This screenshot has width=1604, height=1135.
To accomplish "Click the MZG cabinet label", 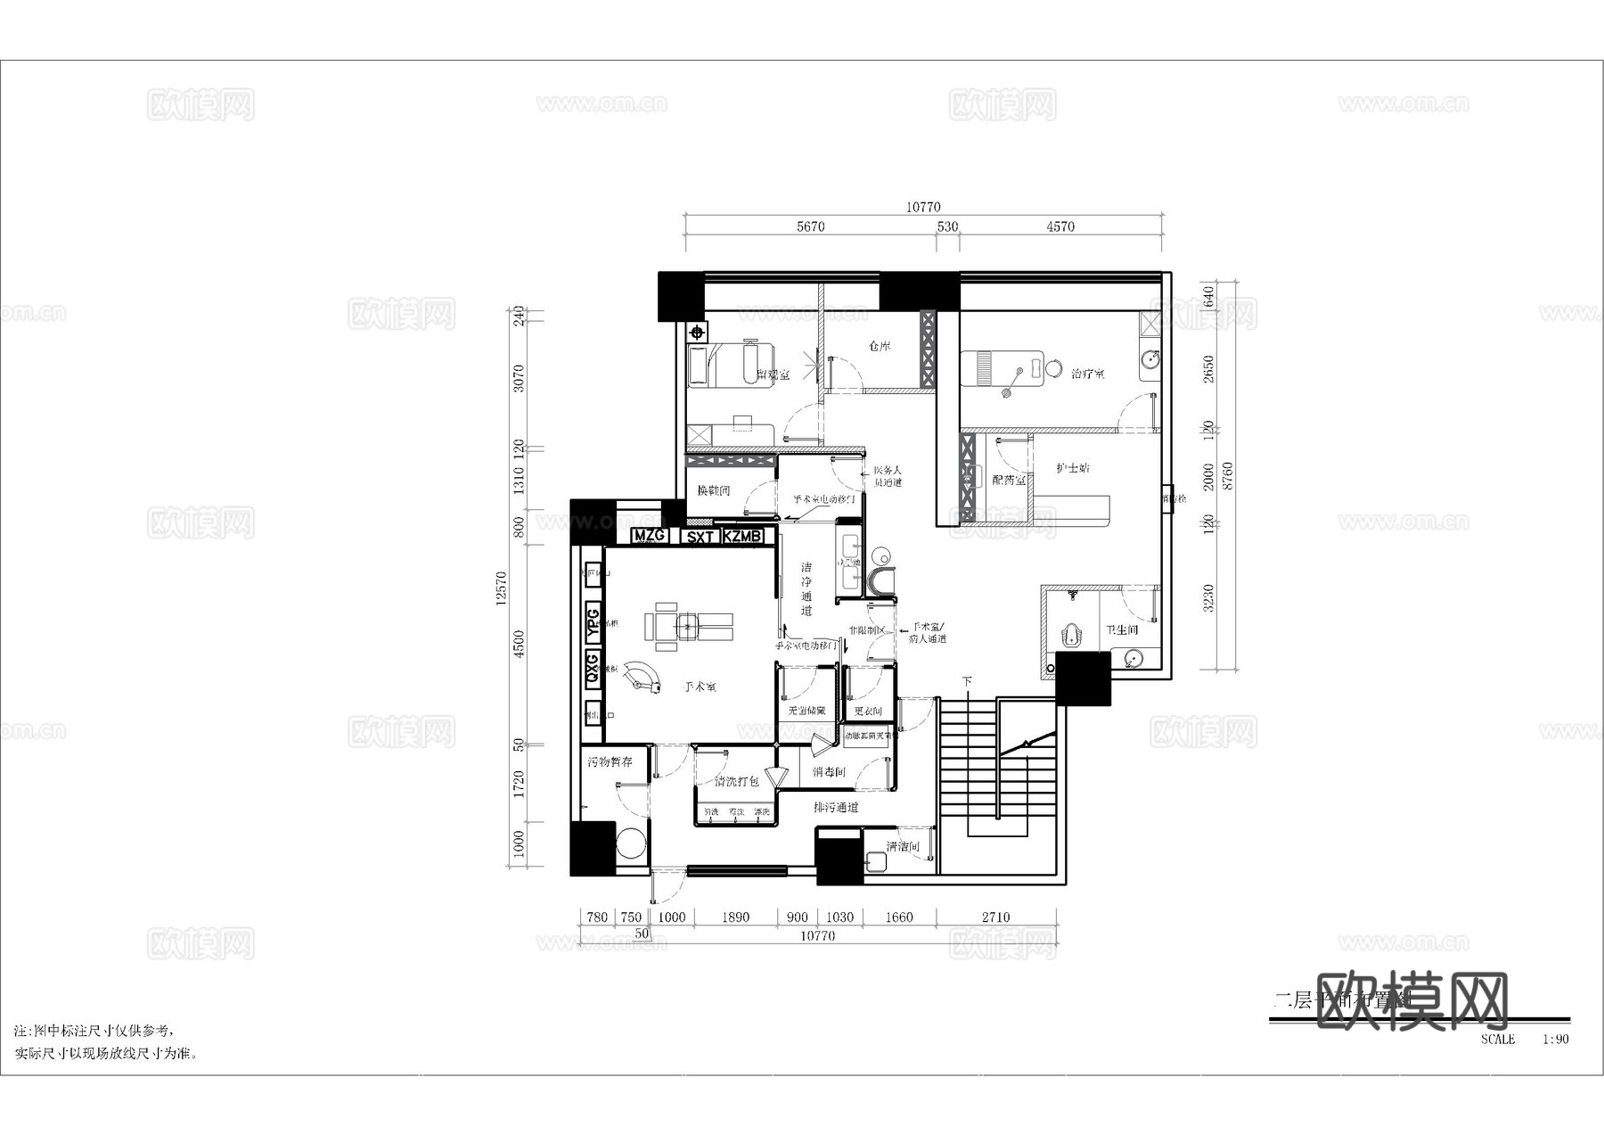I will tap(651, 536).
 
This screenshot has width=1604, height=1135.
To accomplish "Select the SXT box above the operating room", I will tap(700, 537).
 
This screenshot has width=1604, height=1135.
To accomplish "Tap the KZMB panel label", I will tap(742, 536).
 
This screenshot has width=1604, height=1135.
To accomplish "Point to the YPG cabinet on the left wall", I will tap(593, 621).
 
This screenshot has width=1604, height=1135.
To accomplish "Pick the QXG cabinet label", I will tap(593, 669).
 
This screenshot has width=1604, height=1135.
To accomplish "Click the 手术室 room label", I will tap(700, 687).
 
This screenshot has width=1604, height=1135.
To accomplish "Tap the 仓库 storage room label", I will tap(880, 346).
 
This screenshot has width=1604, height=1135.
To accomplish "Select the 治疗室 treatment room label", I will tap(1088, 374).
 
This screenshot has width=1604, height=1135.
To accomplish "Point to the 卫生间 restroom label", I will tap(1122, 629).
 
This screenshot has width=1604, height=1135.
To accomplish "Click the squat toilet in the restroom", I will tap(1072, 637).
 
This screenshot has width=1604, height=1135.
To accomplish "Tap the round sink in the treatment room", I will tap(1150, 359).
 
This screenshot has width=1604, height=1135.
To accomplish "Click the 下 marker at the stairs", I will tap(967, 681).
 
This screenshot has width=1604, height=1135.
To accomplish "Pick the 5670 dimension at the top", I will tap(810, 226).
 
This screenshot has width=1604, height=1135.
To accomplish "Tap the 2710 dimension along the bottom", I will tap(996, 917).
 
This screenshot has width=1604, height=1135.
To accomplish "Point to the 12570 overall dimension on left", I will tap(502, 588).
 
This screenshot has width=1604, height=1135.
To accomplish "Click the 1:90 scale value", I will tap(1556, 1039).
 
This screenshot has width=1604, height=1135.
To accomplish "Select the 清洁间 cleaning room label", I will tap(902, 846).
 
